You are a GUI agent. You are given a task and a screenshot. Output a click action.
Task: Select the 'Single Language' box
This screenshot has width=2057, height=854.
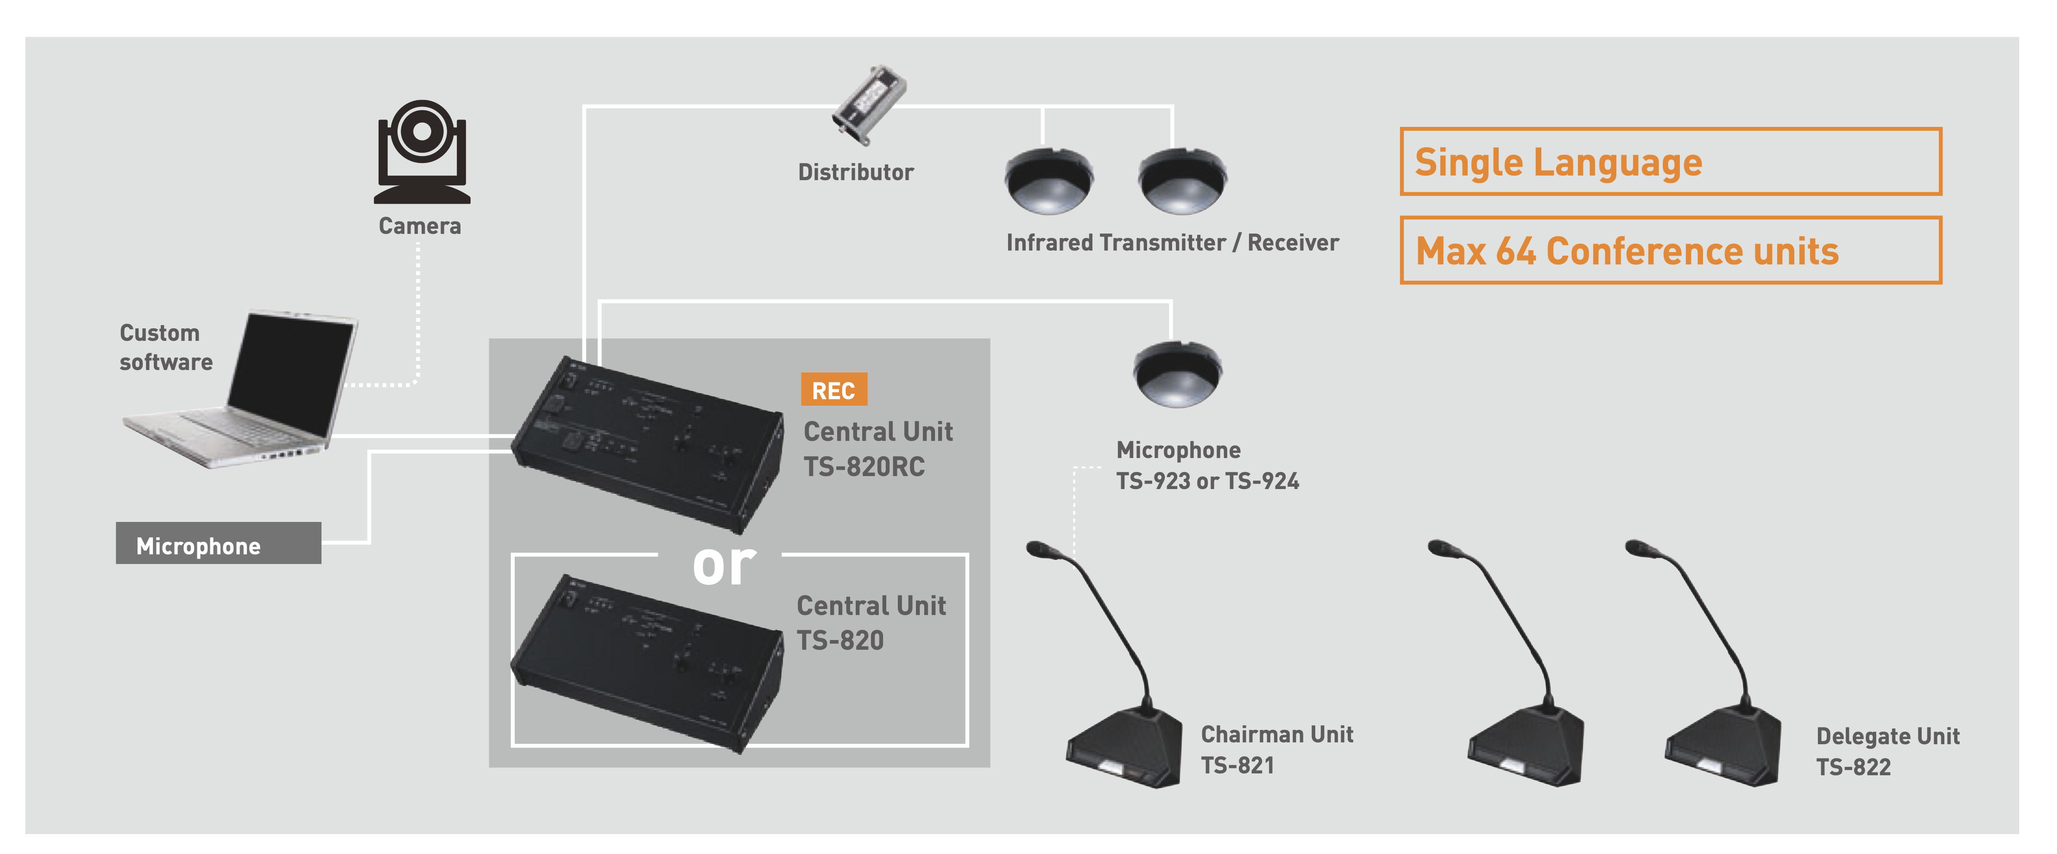tap(1671, 161)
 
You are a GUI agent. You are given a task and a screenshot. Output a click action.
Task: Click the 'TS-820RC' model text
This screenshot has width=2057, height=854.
tap(864, 466)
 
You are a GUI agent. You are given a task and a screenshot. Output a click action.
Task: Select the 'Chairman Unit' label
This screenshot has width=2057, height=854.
tap(1277, 734)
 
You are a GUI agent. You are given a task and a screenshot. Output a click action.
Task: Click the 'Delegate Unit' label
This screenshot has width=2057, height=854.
tap(1888, 736)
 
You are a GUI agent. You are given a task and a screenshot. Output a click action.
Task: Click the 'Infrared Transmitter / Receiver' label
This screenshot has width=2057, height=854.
tap(1172, 243)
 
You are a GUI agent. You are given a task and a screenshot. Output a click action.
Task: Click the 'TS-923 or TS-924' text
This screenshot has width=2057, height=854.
tap(1207, 481)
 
